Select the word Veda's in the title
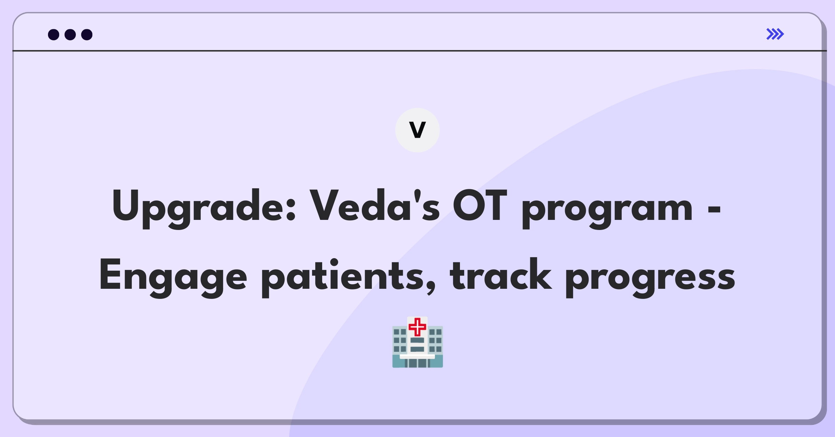[375, 206]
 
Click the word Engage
[173, 278]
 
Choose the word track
[501, 274]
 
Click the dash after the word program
[714, 210]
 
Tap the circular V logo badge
[417, 130]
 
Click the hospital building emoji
[417, 342]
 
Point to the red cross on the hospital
[417, 327]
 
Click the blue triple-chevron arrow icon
[775, 34]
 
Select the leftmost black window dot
[54, 34]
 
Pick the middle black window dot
[70, 34]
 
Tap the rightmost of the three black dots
[87, 34]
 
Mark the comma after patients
[431, 287]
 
